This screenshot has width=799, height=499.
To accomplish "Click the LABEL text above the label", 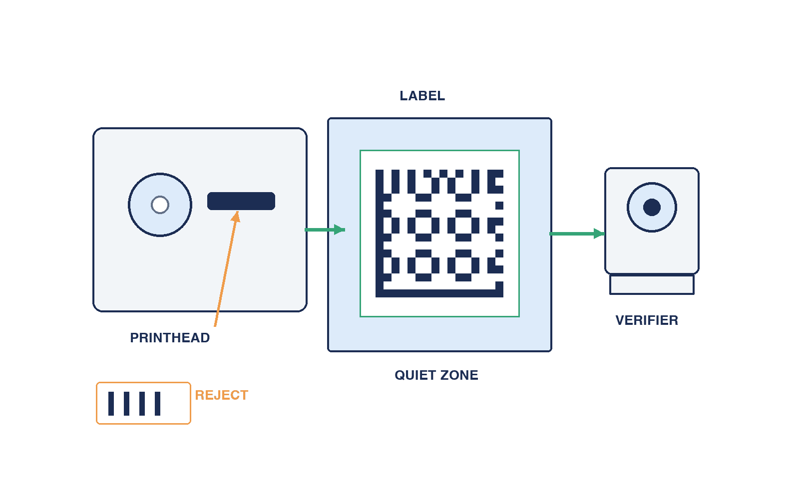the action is pos(422,96).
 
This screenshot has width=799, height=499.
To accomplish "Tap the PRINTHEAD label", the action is pos(170,338).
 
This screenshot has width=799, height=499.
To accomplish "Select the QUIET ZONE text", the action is pos(436,375).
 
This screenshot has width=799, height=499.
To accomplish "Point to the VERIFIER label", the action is pos(647,320).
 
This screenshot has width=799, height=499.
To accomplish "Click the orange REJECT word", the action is pos(222,395).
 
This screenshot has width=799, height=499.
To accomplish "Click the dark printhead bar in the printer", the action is pos(241,201).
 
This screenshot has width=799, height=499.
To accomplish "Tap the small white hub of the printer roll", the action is pos(160,205).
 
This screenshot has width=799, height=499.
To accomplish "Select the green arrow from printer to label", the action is pos(325,230).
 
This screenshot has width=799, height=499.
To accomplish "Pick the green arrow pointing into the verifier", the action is pos(577,234).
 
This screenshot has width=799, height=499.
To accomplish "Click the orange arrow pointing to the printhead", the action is pos(226,269).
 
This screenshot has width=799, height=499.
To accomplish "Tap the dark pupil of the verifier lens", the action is pos(652,208).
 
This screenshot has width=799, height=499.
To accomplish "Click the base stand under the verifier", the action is pos(652,284).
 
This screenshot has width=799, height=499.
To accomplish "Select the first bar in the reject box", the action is pos(111,404).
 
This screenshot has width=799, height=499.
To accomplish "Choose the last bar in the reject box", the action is pos(158,404).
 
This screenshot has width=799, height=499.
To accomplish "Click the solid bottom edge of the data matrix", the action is pos(439,293).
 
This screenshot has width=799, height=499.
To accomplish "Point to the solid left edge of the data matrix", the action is pos(380,234).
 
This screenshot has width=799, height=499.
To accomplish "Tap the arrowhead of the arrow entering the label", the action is pos(340,230).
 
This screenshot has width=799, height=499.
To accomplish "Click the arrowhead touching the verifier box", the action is pos(600,234).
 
